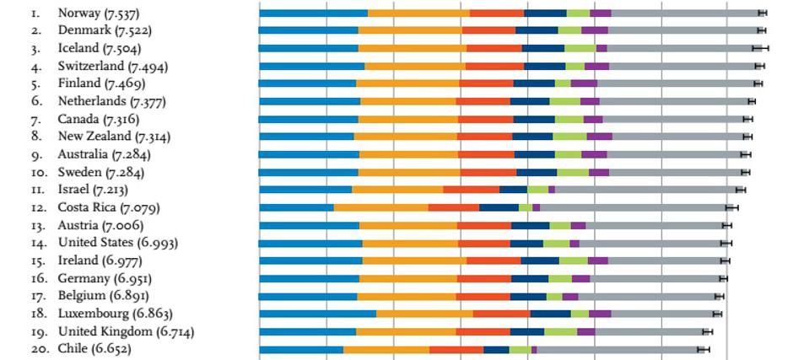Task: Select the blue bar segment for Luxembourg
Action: (x=317, y=314)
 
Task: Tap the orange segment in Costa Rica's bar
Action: (x=380, y=207)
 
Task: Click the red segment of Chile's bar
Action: (x=456, y=349)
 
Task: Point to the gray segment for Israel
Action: (x=645, y=190)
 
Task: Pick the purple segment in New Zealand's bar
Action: (x=599, y=137)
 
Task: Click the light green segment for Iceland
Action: (x=580, y=48)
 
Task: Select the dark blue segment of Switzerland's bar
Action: (x=544, y=66)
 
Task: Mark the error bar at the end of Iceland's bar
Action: (x=760, y=48)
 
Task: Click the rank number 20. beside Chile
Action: (x=39, y=349)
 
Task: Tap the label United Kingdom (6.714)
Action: (x=126, y=331)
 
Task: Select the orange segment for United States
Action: (x=410, y=243)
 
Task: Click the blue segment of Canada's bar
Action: (x=309, y=119)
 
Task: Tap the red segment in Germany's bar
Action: (x=484, y=278)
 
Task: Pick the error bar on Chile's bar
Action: (x=704, y=349)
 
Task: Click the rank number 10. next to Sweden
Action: (x=39, y=172)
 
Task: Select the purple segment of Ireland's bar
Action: (x=597, y=261)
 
